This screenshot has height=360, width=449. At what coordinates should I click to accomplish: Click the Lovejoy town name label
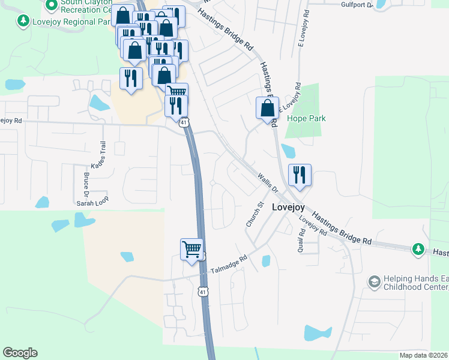288,207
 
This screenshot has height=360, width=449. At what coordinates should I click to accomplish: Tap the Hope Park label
306,118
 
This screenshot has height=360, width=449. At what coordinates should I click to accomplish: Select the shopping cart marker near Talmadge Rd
191,248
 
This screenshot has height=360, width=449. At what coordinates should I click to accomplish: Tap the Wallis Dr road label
268,182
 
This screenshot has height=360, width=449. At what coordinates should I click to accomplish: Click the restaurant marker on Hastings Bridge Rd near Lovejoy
300,175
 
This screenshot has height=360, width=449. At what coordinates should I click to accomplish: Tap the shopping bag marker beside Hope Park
267,109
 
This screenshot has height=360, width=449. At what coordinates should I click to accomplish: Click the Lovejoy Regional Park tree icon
23,22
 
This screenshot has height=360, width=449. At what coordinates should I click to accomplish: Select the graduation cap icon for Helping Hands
374,281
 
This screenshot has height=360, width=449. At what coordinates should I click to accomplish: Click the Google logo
20,353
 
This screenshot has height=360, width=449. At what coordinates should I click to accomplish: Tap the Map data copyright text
423,355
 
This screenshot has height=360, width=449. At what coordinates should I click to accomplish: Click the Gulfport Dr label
358,5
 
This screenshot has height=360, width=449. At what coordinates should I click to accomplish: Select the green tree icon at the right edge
418,248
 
